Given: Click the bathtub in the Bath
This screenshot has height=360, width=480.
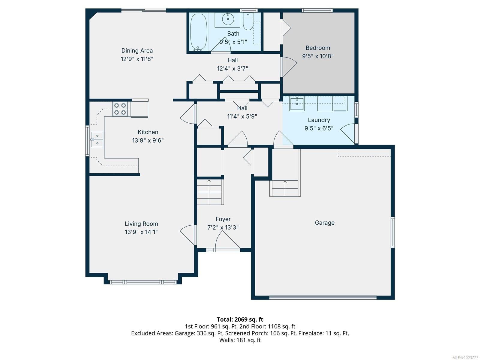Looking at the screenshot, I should coord(198,32).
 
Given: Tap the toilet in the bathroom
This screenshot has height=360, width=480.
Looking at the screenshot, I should coord(248,22).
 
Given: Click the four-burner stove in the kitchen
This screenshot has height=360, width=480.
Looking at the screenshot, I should coord(120,109).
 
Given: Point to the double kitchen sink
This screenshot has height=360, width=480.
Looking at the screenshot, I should coord(97,139).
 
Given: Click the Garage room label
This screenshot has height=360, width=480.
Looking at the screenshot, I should coord(325,223).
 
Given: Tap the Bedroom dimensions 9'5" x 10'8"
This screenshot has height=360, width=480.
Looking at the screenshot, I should coord(318,56).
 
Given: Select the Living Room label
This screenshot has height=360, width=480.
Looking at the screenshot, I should coord(141,224).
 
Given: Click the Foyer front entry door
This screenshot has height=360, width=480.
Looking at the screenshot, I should coord(227,241).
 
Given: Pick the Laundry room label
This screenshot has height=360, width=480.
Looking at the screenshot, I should coord(319,120).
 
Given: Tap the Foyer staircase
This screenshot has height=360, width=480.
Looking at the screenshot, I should coord(210,192).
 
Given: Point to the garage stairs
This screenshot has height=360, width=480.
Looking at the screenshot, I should coord(285,188).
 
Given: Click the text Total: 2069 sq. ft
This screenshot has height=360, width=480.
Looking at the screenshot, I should coord(240,319).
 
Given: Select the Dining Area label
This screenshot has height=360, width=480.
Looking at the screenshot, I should coord(137,51).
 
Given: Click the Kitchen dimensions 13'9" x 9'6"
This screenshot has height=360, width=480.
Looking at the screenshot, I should coord(148,140).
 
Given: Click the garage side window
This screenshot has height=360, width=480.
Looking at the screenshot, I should coord(393,232).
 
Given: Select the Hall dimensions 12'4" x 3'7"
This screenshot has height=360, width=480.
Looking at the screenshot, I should coord(232,68).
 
